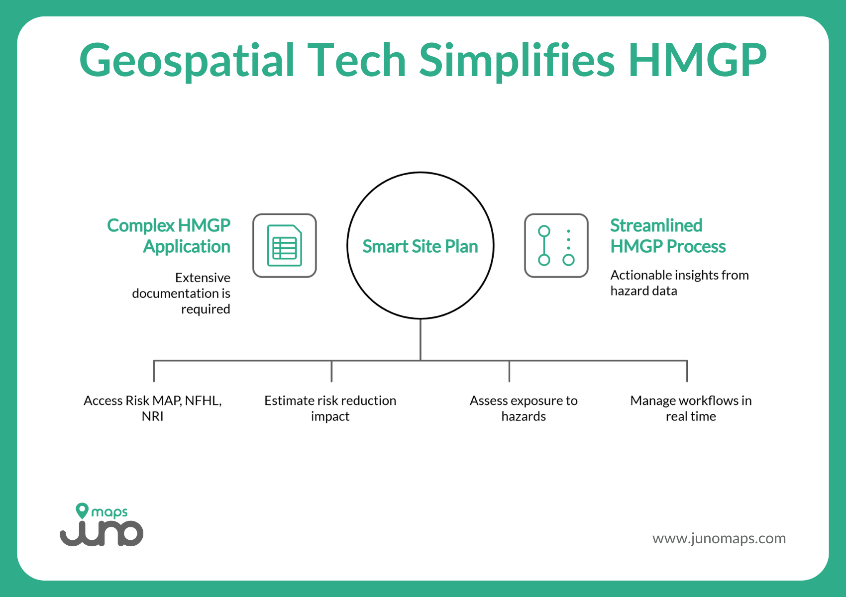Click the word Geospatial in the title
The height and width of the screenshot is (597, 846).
[187, 61]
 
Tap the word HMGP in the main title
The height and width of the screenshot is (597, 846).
[697, 61]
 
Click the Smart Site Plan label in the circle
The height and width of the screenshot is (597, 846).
[420, 246]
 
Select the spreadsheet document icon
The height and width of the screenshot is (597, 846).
[285, 246]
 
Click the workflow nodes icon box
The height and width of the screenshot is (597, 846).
[556, 246]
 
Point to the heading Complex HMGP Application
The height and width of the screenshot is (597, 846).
[169, 236]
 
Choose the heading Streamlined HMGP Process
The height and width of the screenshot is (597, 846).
[668, 236]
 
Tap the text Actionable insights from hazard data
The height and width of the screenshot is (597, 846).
[679, 283]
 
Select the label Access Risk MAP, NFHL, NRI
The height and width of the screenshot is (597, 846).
[153, 408]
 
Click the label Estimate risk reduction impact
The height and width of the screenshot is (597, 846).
[330, 408]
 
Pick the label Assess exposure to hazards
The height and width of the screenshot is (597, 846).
[524, 408]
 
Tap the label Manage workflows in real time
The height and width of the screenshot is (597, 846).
[691, 408]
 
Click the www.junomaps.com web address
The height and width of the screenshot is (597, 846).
[719, 538]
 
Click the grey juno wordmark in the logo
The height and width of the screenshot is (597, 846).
[102, 534]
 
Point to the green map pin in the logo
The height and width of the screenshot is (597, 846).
[82, 510]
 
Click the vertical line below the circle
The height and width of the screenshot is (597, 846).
[421, 339]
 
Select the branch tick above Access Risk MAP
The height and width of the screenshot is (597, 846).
[154, 371]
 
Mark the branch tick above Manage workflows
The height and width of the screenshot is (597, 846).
[687, 371]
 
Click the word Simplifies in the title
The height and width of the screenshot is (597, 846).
[517, 61]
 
